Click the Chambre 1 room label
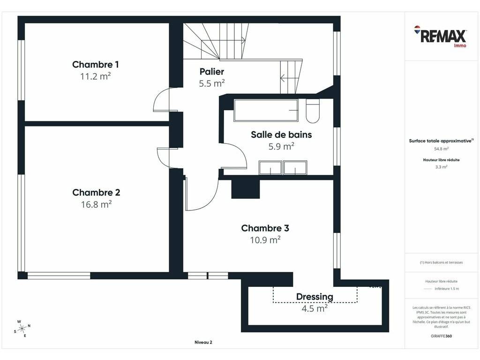96,65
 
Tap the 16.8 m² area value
96,204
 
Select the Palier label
212,72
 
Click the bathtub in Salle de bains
266,110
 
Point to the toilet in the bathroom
313,111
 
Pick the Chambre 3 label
265,228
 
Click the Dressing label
315,297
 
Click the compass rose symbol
22,329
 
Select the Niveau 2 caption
203,342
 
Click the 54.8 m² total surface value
441,149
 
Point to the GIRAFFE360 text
441,336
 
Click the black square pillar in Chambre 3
246,189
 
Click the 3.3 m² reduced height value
441,167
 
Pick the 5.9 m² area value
281,146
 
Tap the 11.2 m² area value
96,76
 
